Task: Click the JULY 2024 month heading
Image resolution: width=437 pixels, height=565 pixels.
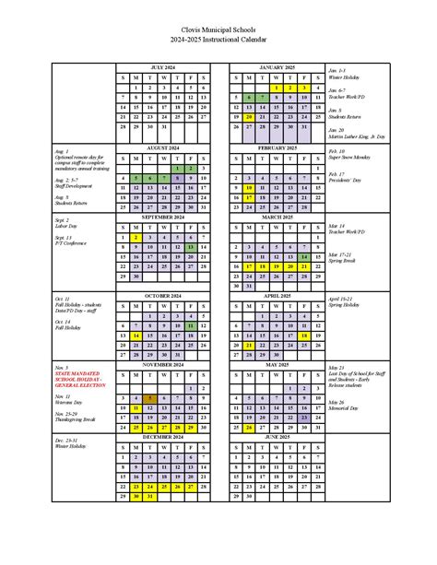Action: [x=163, y=68]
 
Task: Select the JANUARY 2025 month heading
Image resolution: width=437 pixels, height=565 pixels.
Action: [x=276, y=68]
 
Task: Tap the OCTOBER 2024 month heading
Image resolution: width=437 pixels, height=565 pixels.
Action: [x=163, y=296]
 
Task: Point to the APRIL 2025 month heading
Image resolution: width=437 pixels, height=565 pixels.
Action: [x=276, y=296]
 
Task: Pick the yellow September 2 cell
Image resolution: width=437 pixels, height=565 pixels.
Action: [x=136, y=237]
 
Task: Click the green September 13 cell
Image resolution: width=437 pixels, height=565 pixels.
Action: [x=190, y=248]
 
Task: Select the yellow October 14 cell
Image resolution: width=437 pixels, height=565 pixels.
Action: [x=136, y=336]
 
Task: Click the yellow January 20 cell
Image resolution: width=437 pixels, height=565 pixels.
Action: [x=249, y=117]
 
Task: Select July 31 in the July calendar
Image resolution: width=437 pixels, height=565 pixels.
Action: [x=163, y=127]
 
